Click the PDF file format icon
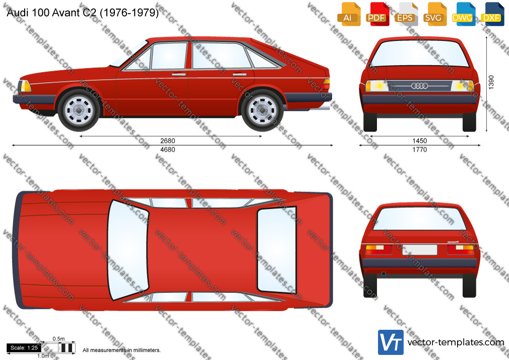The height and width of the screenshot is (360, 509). point(376,14)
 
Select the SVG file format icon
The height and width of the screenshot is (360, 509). point(434,14)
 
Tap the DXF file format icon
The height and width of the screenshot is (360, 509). point(492,14)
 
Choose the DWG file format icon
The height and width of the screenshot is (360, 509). point(463,14)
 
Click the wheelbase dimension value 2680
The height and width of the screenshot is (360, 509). point(167,141)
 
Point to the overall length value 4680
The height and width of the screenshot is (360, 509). point(167,149)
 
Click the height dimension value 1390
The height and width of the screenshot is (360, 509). point(491,82)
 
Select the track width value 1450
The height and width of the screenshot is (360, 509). point(419,141)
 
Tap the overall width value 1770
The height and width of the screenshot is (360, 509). point(419,149)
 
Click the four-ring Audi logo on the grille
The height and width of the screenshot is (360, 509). point(419,86)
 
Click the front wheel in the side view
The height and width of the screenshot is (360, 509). point(79,110)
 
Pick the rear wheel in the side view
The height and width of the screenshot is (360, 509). point(262,110)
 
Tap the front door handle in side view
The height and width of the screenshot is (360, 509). point(178,75)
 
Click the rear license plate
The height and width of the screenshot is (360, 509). point(420,250)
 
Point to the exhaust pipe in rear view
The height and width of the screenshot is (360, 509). point(384,274)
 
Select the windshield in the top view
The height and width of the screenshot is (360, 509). point(128,250)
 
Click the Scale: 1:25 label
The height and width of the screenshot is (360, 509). point(24,348)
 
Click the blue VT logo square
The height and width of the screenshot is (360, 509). point(391,342)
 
